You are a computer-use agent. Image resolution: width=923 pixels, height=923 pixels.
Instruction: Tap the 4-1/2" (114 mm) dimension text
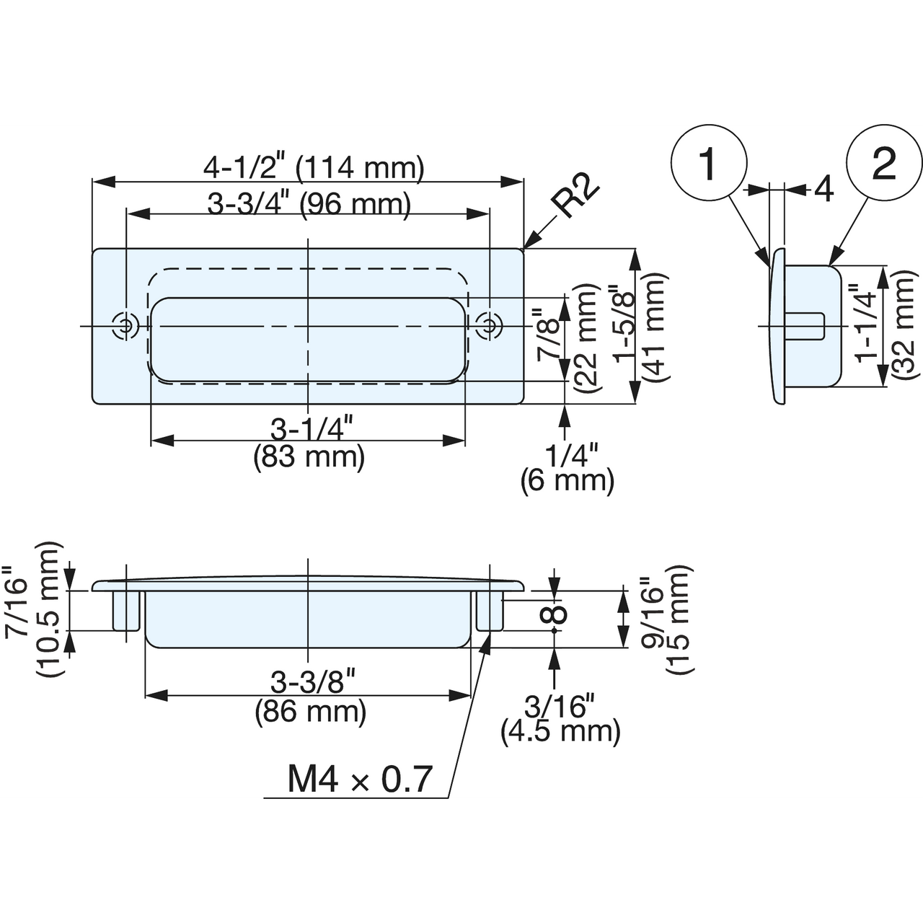tap(314, 168)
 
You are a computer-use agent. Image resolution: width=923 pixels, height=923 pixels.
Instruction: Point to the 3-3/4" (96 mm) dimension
tap(309, 205)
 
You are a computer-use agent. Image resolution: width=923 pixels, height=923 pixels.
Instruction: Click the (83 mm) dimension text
tap(309, 456)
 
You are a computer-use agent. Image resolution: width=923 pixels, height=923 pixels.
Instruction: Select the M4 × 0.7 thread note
tap(360, 780)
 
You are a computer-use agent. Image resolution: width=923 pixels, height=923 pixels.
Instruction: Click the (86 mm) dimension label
tap(310, 712)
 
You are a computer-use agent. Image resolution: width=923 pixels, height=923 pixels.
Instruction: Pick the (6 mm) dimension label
tap(567, 480)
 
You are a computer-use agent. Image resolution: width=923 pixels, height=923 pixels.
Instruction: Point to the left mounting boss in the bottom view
tap(126, 611)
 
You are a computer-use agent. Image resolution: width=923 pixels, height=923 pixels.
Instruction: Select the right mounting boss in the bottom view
tap(490, 611)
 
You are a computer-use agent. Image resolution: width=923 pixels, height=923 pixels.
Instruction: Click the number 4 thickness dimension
tap(824, 190)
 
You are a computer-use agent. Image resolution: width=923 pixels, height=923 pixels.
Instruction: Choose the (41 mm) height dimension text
tap(655, 327)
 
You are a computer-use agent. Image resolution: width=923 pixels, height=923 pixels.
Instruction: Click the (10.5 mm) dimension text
tap(49, 609)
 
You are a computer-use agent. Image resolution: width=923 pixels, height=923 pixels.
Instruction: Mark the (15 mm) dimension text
tap(679, 620)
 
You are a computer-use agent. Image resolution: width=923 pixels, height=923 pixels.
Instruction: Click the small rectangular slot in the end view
tap(805, 326)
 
